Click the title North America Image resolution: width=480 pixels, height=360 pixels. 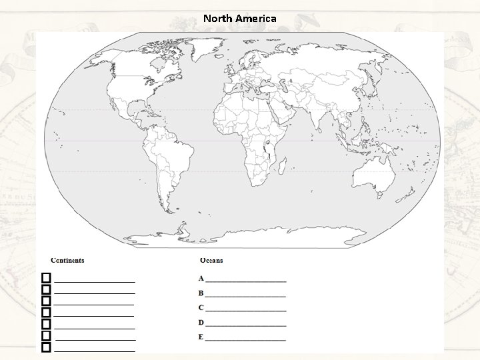[x=240, y=19]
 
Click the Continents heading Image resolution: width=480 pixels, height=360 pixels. [x=67, y=261]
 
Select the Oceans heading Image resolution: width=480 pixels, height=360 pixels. [x=211, y=261]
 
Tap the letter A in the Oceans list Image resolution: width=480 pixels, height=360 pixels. [x=201, y=279]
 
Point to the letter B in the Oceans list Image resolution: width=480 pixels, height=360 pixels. [x=201, y=293]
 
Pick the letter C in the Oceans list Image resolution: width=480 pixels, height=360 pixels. [x=201, y=308]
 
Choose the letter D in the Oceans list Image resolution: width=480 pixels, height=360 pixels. [x=201, y=323]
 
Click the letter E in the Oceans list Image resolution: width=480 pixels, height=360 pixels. [x=201, y=337]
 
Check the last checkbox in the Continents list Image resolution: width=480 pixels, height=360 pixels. [x=46, y=347]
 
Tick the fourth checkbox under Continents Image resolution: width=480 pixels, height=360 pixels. [x=46, y=312]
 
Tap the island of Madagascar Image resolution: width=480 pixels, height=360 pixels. [x=283, y=164]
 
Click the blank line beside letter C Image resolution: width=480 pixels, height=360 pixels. [x=246, y=309]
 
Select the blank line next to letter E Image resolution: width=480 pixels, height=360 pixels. [x=246, y=339]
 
